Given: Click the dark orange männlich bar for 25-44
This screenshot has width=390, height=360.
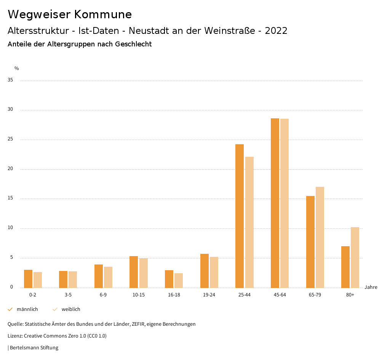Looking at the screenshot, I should pyautogui.click(x=240, y=216).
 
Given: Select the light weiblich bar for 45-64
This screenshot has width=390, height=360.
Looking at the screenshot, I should pyautogui.click(x=285, y=203).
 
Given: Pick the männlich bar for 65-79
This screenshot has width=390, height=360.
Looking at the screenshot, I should pyautogui.click(x=310, y=242).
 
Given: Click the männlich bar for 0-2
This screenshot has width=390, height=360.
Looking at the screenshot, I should pyautogui.click(x=28, y=279).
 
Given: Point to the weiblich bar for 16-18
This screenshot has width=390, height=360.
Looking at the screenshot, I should pyautogui.click(x=179, y=280).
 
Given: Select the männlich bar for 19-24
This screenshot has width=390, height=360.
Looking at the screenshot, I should pyautogui.click(x=205, y=271).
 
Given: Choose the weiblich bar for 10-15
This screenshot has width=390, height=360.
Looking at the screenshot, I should pyautogui.click(x=143, y=273).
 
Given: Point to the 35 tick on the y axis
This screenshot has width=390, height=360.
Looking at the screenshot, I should pyautogui.click(x=10, y=80).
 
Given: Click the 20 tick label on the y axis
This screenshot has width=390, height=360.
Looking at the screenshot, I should pyautogui.click(x=10, y=169).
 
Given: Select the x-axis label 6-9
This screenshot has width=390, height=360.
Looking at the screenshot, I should pyautogui.click(x=103, y=295).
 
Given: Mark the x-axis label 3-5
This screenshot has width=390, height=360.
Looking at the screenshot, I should pyautogui.click(x=68, y=295).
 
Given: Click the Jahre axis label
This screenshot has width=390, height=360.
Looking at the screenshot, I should pyautogui.click(x=371, y=287).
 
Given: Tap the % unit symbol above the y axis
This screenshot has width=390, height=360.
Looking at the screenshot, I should pyautogui.click(x=17, y=68).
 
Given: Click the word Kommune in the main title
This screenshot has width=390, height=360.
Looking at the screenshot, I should pyautogui.click(x=103, y=14).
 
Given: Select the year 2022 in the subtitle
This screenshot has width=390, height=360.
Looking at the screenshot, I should pyautogui.click(x=276, y=31).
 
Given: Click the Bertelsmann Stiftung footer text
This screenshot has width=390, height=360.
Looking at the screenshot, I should pyautogui.click(x=34, y=348).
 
